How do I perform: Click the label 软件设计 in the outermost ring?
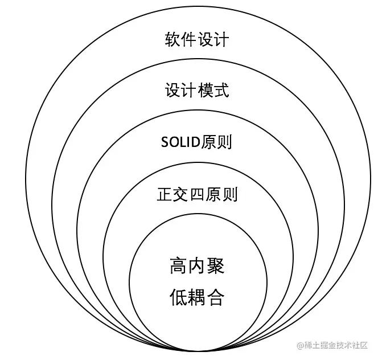[197, 40]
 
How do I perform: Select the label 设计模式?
[197, 91]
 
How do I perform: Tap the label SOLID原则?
[196, 142]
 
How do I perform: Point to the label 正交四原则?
[197, 195]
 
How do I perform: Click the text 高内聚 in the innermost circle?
[197, 266]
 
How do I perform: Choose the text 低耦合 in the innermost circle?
[197, 297]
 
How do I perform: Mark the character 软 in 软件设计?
[172, 40]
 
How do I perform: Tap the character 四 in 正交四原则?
[197, 195]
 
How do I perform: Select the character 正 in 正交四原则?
[165, 195]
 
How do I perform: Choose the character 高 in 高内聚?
[178, 266]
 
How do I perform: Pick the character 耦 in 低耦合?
[197, 297]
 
